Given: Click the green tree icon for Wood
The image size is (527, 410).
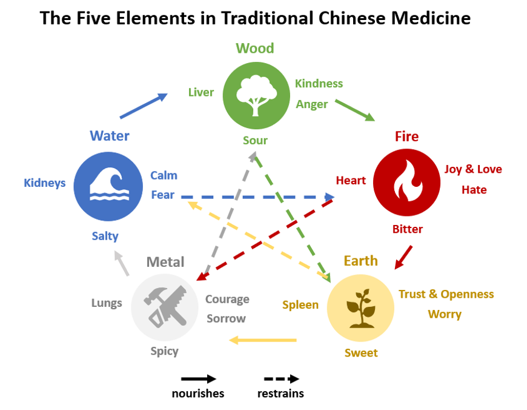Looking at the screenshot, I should pos(256,94).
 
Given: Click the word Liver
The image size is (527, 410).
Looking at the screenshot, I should pos(201,92).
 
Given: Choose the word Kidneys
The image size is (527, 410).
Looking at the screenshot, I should pos(45,183).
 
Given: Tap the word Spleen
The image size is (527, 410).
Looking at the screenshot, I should pos(300,304).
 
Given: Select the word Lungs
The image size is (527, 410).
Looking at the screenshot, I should pos(107,303).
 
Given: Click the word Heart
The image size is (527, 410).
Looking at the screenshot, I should pos(351,180).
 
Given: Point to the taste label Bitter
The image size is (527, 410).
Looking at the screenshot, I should pos(407,229).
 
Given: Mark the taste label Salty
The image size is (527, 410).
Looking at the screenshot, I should pos(105,236).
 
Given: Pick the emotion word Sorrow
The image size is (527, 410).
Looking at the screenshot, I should pos(226,318).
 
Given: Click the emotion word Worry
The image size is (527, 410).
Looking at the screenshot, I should pos(445,314).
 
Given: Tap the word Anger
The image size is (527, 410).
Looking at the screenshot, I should pos(311,104).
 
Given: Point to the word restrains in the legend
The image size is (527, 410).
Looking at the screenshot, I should pos(280,394).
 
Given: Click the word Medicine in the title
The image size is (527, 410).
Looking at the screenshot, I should pos(428,18).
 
